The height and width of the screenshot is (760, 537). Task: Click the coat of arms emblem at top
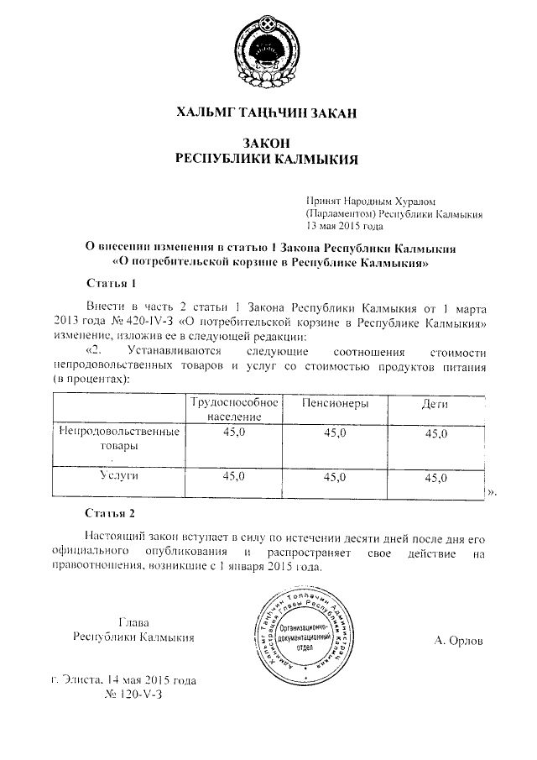coord(268,53)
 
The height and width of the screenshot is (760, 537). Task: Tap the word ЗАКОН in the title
coord(268,144)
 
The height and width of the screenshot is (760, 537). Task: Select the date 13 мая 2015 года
coord(345,226)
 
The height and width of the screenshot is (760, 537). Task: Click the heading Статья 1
coord(111,282)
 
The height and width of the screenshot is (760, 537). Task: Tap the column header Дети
coord(433,405)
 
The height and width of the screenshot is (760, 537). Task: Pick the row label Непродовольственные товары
coord(119,439)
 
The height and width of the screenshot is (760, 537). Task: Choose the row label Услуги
coord(119,476)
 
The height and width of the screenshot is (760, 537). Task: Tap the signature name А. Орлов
coord(459,641)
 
